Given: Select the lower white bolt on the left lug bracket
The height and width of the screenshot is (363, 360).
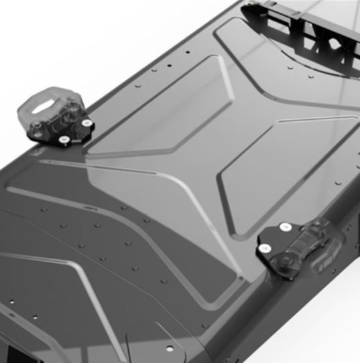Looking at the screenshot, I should click(64, 139).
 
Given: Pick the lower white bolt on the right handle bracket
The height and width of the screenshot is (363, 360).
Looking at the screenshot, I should click(265, 248).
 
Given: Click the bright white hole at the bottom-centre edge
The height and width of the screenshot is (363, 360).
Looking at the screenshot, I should click(170, 349).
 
